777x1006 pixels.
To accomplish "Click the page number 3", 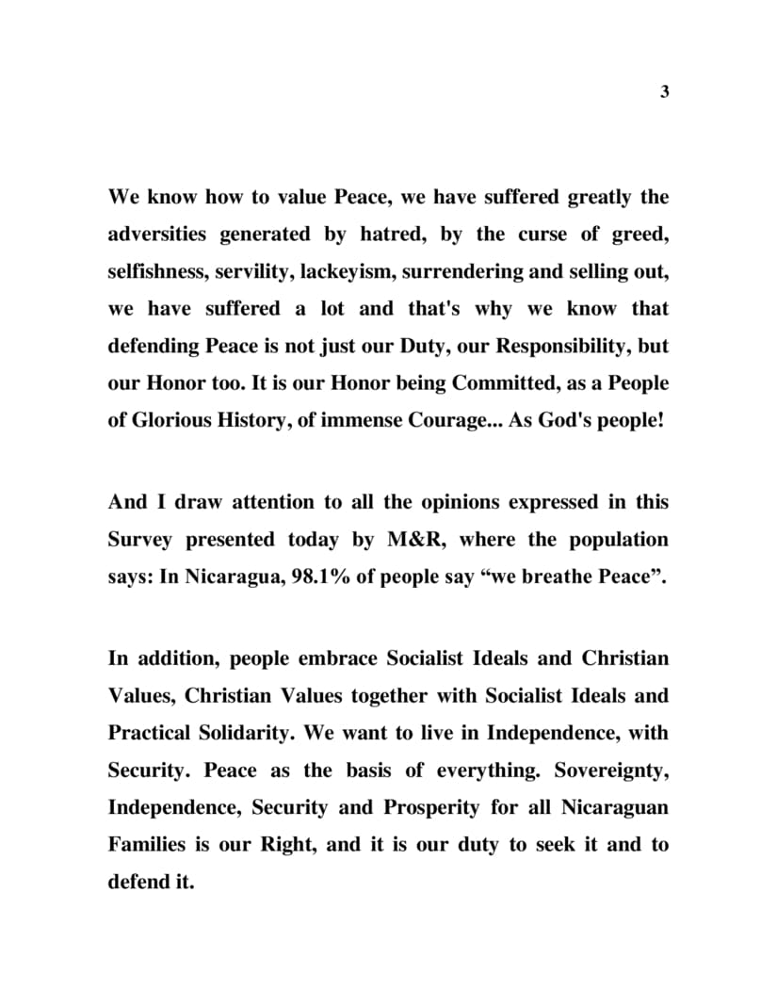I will pyautogui.click(x=664, y=92).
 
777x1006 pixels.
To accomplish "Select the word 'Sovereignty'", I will pyautogui.click(x=611, y=770).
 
